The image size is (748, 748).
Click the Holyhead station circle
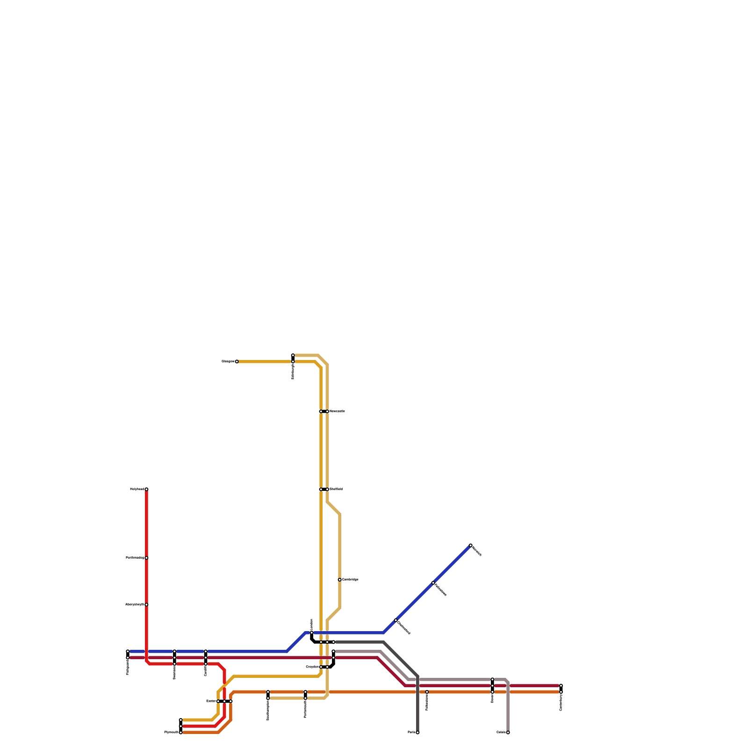[146, 489]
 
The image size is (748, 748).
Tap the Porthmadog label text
[135, 558]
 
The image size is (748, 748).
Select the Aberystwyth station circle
[146, 605]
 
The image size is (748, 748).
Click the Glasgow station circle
[237, 362]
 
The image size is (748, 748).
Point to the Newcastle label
[337, 411]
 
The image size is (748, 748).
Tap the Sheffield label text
[336, 489]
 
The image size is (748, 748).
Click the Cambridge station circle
[339, 580]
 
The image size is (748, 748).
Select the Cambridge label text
[350, 580]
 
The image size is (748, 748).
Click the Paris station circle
[417, 733]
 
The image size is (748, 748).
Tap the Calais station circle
[508, 733]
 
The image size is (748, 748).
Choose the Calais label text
[501, 733]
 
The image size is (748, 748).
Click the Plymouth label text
[171, 733]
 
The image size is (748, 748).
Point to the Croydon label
[312, 667]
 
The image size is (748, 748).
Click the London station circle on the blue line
[312, 633]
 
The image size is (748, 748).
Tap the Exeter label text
[211, 701]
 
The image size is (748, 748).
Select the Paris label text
[411, 733]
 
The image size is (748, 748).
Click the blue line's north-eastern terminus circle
[470, 546]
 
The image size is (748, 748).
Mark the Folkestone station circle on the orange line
[427, 692]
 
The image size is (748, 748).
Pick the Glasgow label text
[228, 362]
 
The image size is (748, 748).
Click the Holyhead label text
[137, 489]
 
